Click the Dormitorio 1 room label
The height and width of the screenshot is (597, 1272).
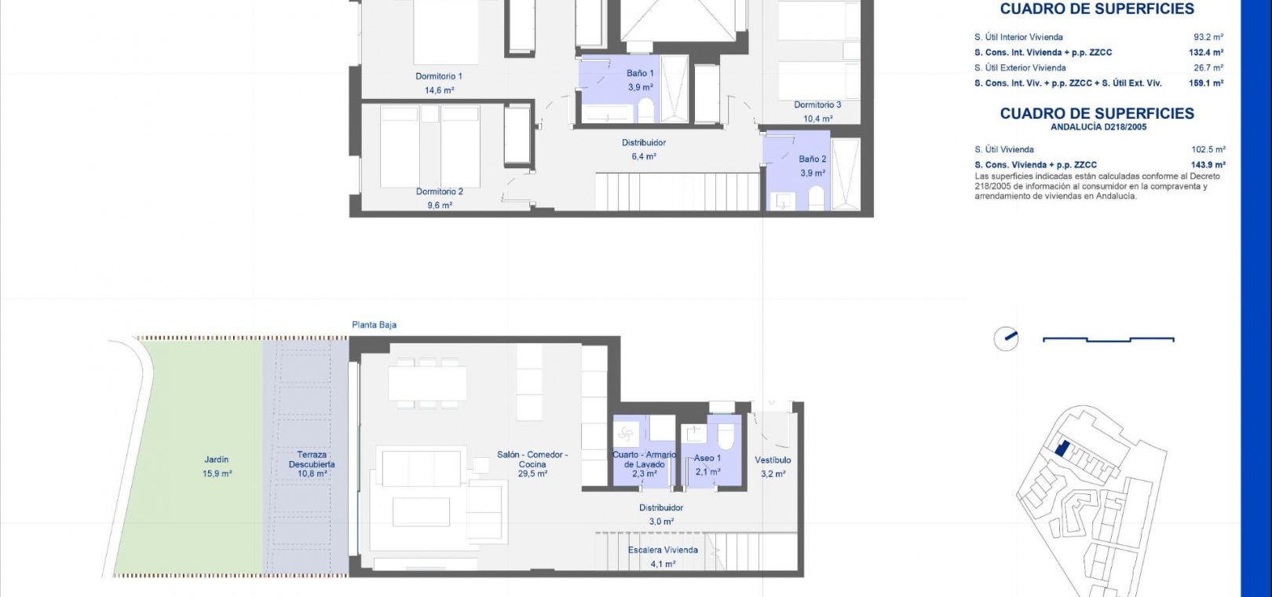pos(438,76)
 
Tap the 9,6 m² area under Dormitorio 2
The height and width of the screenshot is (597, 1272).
pos(440,205)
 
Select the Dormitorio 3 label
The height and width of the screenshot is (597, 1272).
pos(817,104)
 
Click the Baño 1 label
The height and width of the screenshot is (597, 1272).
pos(640,73)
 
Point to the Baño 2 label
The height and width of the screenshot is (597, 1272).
pos(812,159)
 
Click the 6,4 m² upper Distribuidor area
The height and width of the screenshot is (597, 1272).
pos(643,156)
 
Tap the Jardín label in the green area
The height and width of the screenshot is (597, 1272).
pos(217,460)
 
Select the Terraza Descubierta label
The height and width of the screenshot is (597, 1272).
pos(312,460)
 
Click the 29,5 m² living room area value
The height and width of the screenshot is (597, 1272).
pos(532,474)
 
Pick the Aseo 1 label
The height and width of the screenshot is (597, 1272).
pos(707,458)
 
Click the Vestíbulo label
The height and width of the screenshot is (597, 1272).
pos(773,460)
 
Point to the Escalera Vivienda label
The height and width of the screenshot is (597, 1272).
pos(663,550)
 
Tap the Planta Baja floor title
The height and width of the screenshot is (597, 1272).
pos(374,325)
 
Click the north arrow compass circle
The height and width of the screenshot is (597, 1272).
pos(1006,339)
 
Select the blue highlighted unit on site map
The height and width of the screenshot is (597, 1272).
pos(1062,449)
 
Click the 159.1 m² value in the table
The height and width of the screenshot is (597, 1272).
pos(1205,83)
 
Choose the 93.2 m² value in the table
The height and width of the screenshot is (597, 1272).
pos(1208,37)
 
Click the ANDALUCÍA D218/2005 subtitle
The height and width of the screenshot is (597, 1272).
pos(1098,127)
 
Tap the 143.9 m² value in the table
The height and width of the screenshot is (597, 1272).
pos(1208,165)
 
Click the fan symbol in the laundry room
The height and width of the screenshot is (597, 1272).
pos(625,435)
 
